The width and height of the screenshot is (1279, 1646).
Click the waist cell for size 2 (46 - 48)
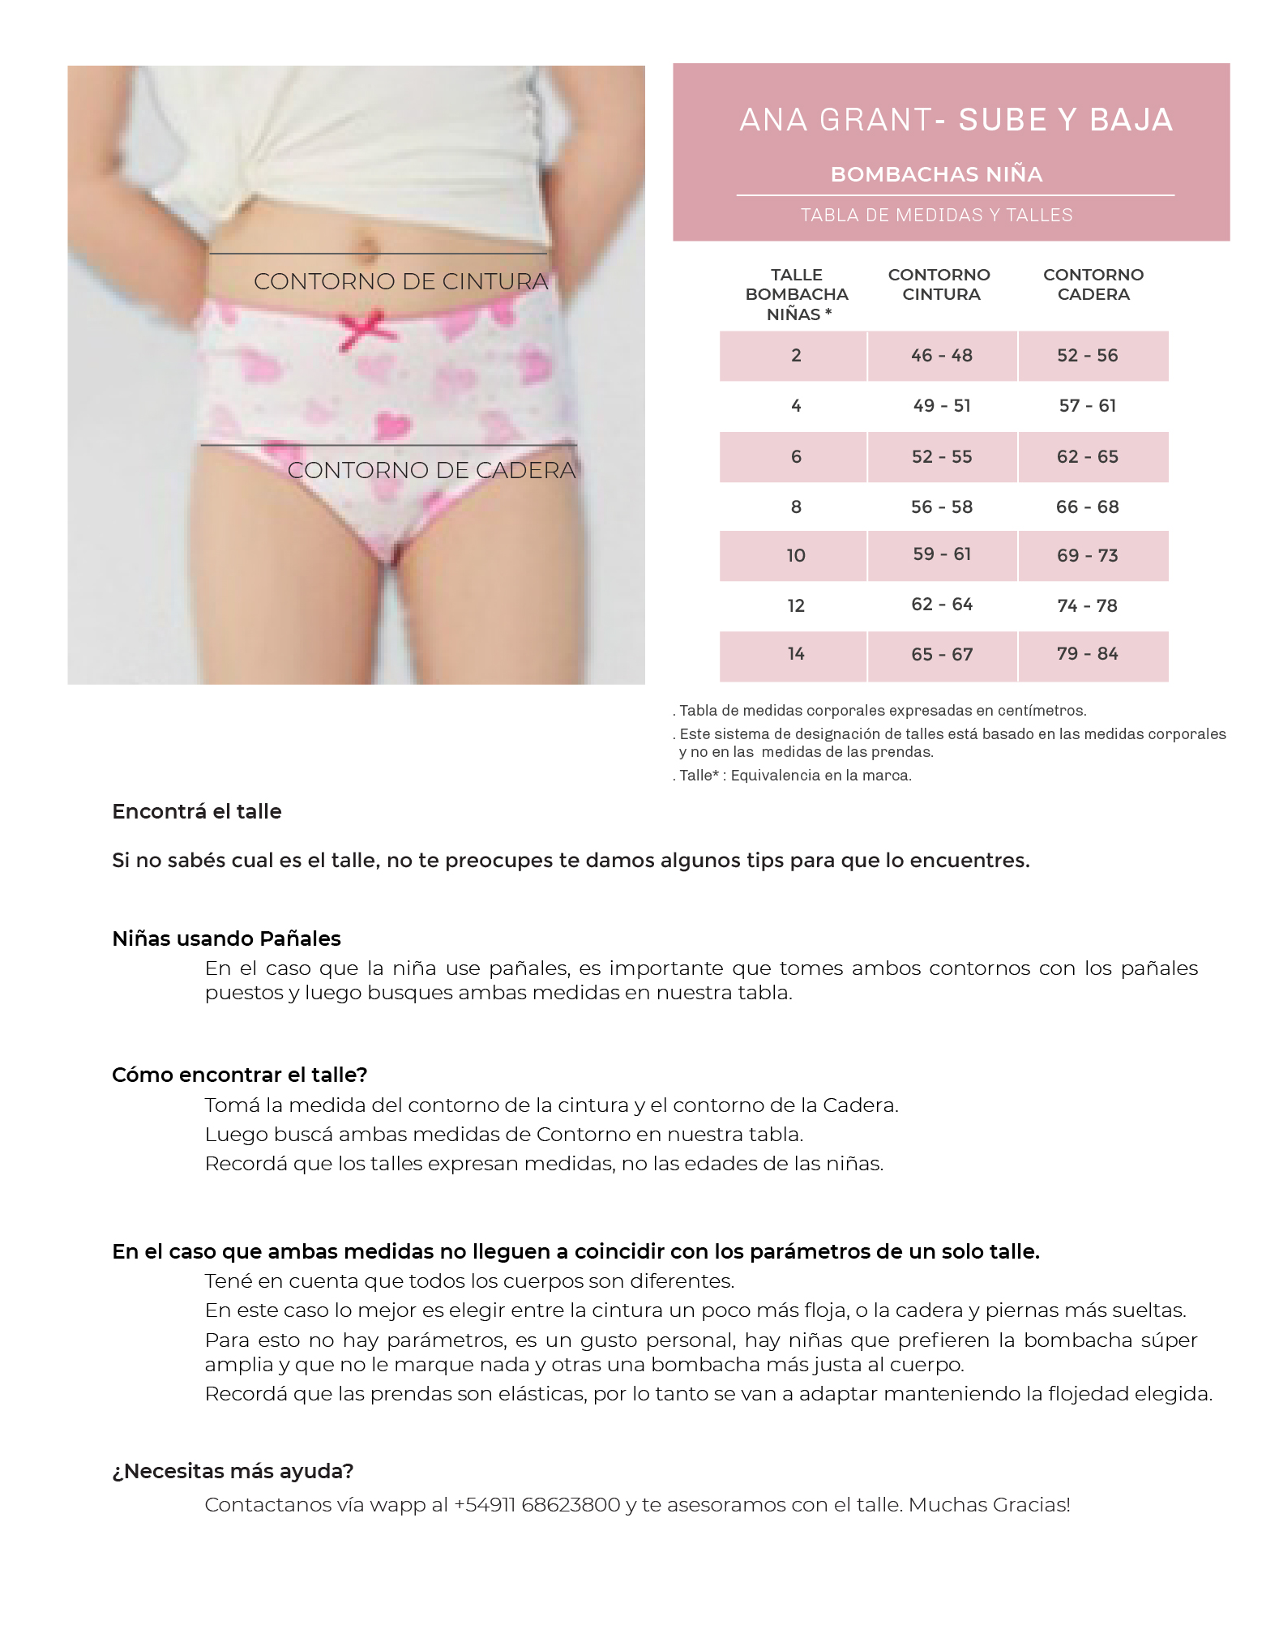[x=941, y=356]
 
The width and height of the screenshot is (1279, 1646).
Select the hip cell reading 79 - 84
[x=1087, y=654]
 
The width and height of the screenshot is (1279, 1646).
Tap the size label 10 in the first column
[x=795, y=556]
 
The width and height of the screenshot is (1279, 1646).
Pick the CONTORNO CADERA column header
[x=1093, y=284]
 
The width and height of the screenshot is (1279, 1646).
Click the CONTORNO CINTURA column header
[x=939, y=284]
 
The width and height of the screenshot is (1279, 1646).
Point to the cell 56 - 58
[x=941, y=507]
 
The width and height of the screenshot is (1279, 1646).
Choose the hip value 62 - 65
[x=1087, y=457]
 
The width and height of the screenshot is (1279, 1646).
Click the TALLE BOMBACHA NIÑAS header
[x=796, y=294]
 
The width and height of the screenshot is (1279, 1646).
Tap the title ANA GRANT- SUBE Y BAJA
[x=956, y=120]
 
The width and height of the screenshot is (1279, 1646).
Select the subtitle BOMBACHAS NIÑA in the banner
[x=936, y=174]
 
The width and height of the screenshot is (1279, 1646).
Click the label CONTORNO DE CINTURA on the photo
[x=400, y=282]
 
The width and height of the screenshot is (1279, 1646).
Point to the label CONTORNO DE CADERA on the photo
[x=431, y=470]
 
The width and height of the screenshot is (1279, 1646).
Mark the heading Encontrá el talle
[x=197, y=812]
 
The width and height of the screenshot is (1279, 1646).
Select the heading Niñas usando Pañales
[x=226, y=938]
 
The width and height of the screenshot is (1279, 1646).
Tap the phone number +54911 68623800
[x=537, y=1505]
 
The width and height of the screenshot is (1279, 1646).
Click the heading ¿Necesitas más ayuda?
[x=233, y=1471]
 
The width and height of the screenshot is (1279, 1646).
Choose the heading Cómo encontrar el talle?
[x=239, y=1075]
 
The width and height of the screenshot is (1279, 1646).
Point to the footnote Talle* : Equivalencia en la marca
[x=794, y=776]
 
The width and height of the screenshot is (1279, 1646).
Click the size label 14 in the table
[x=795, y=654]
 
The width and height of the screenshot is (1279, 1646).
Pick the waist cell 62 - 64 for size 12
[x=941, y=605]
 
